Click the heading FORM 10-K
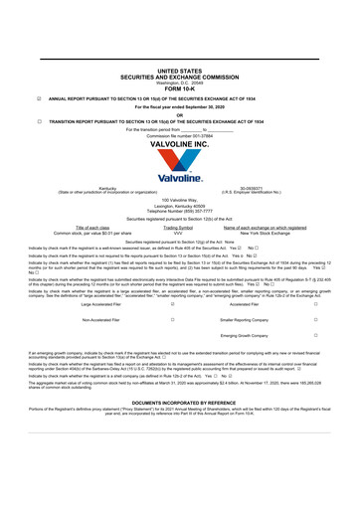click(179, 88)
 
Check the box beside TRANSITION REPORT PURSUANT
click(38, 121)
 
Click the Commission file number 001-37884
click(179, 135)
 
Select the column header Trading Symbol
click(178, 228)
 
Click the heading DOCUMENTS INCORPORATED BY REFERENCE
click(179, 402)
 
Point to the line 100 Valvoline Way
click(179, 200)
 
